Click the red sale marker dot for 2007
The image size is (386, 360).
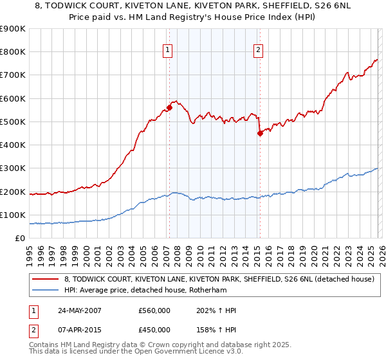pyautogui.click(x=169, y=107)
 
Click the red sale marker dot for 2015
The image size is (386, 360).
pyautogui.click(x=259, y=134)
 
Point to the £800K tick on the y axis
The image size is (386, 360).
pyautogui.click(x=13, y=52)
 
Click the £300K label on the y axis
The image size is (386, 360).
pyautogui.click(x=13, y=168)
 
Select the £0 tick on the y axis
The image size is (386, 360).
pyautogui.click(x=19, y=239)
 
